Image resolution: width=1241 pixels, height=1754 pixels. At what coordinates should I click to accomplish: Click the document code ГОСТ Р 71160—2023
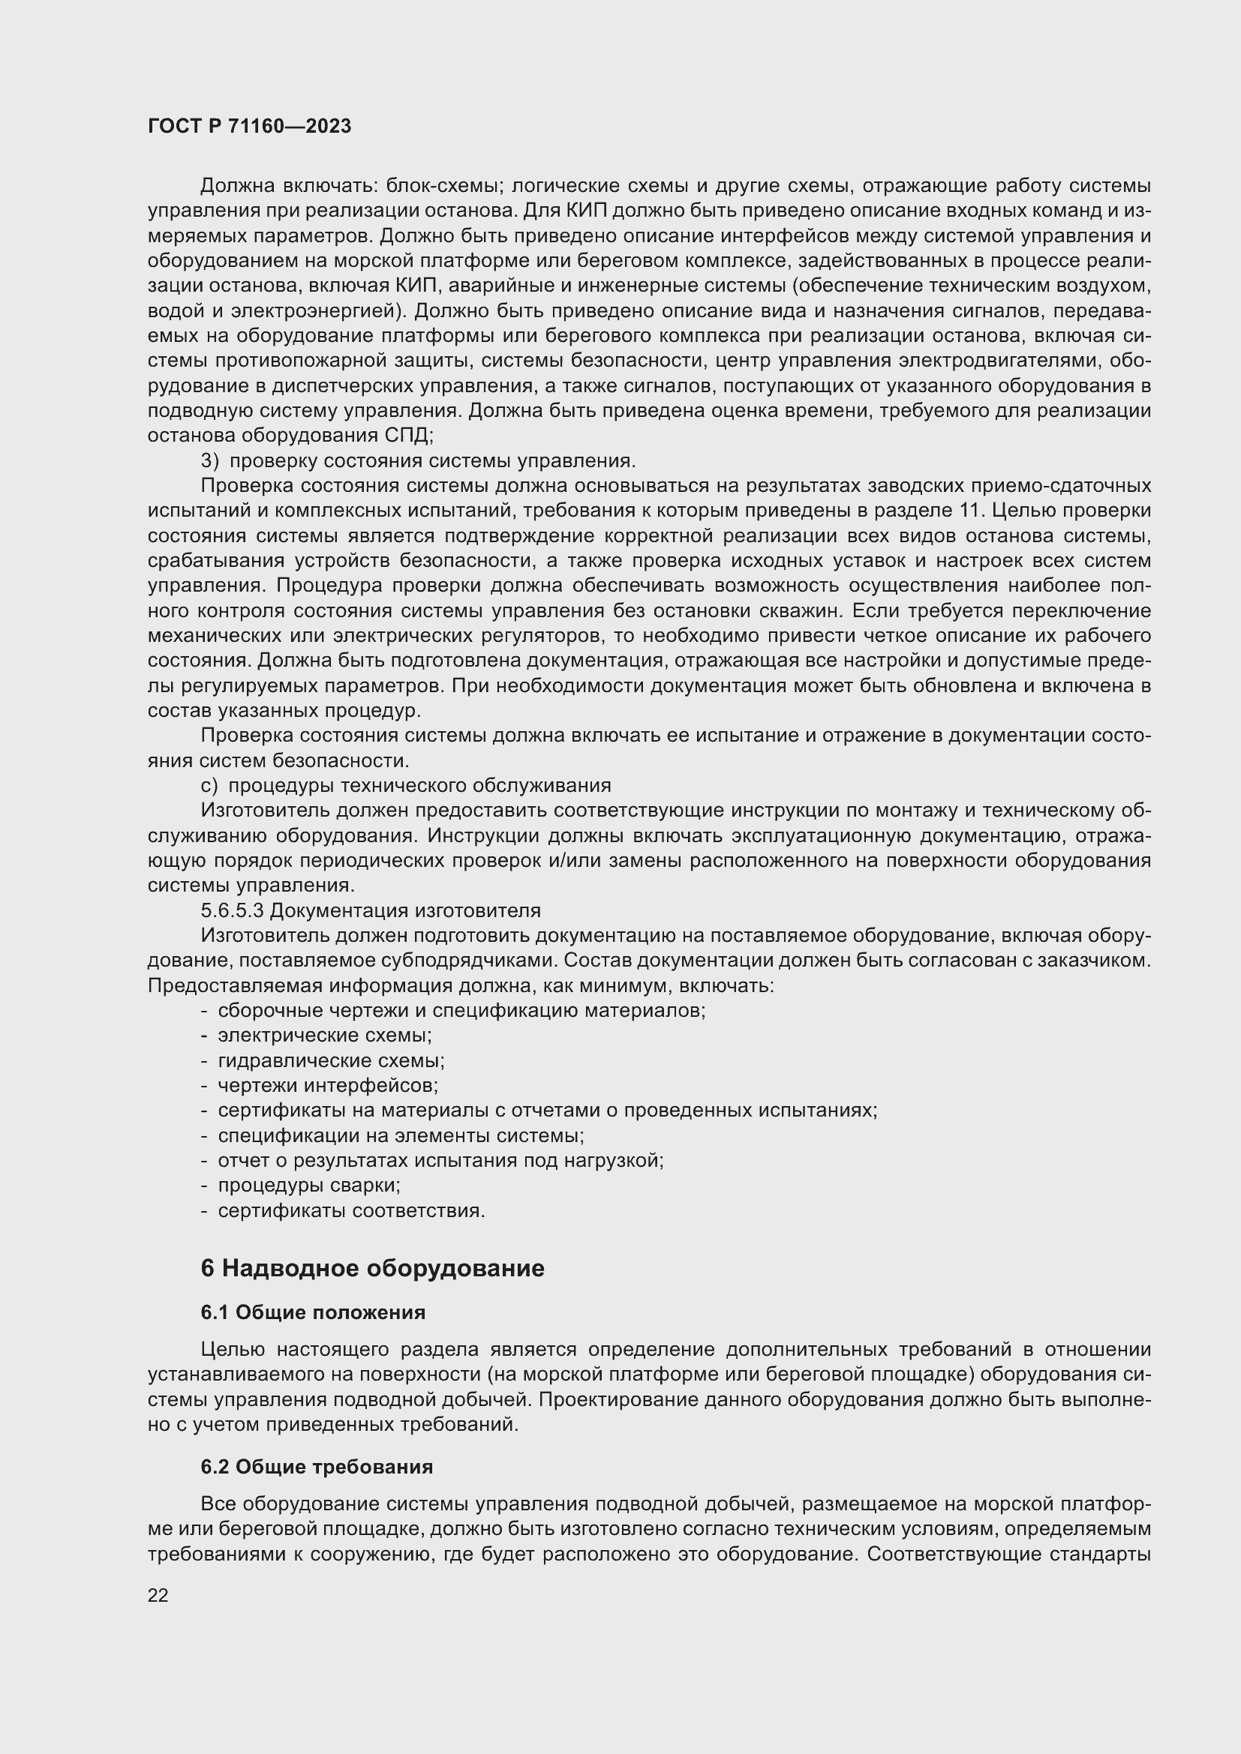click(x=249, y=126)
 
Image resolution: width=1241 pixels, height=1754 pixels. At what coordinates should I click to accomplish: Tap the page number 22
click(x=158, y=1595)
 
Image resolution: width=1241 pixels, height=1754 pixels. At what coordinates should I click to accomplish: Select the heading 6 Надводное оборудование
click(x=372, y=1268)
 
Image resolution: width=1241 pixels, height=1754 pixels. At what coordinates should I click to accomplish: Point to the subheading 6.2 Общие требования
click(x=317, y=1467)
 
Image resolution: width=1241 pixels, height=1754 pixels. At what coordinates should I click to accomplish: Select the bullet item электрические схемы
click(x=324, y=1035)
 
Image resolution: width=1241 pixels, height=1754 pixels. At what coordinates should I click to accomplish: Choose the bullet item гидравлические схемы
click(x=331, y=1060)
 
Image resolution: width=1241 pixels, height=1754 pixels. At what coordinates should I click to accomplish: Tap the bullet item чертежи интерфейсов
click(x=328, y=1086)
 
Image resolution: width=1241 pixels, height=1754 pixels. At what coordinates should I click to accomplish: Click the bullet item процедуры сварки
click(x=308, y=1185)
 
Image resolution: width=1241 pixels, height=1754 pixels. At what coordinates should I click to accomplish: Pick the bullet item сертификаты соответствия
click(x=350, y=1210)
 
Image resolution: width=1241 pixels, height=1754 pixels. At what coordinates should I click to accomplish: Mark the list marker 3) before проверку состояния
click(x=209, y=460)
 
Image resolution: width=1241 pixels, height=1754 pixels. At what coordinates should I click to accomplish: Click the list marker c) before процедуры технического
click(x=209, y=785)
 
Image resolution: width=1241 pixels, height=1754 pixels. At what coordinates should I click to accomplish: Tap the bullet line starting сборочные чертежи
click(x=461, y=1010)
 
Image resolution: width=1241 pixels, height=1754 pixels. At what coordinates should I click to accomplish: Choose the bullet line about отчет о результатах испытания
click(x=440, y=1160)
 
